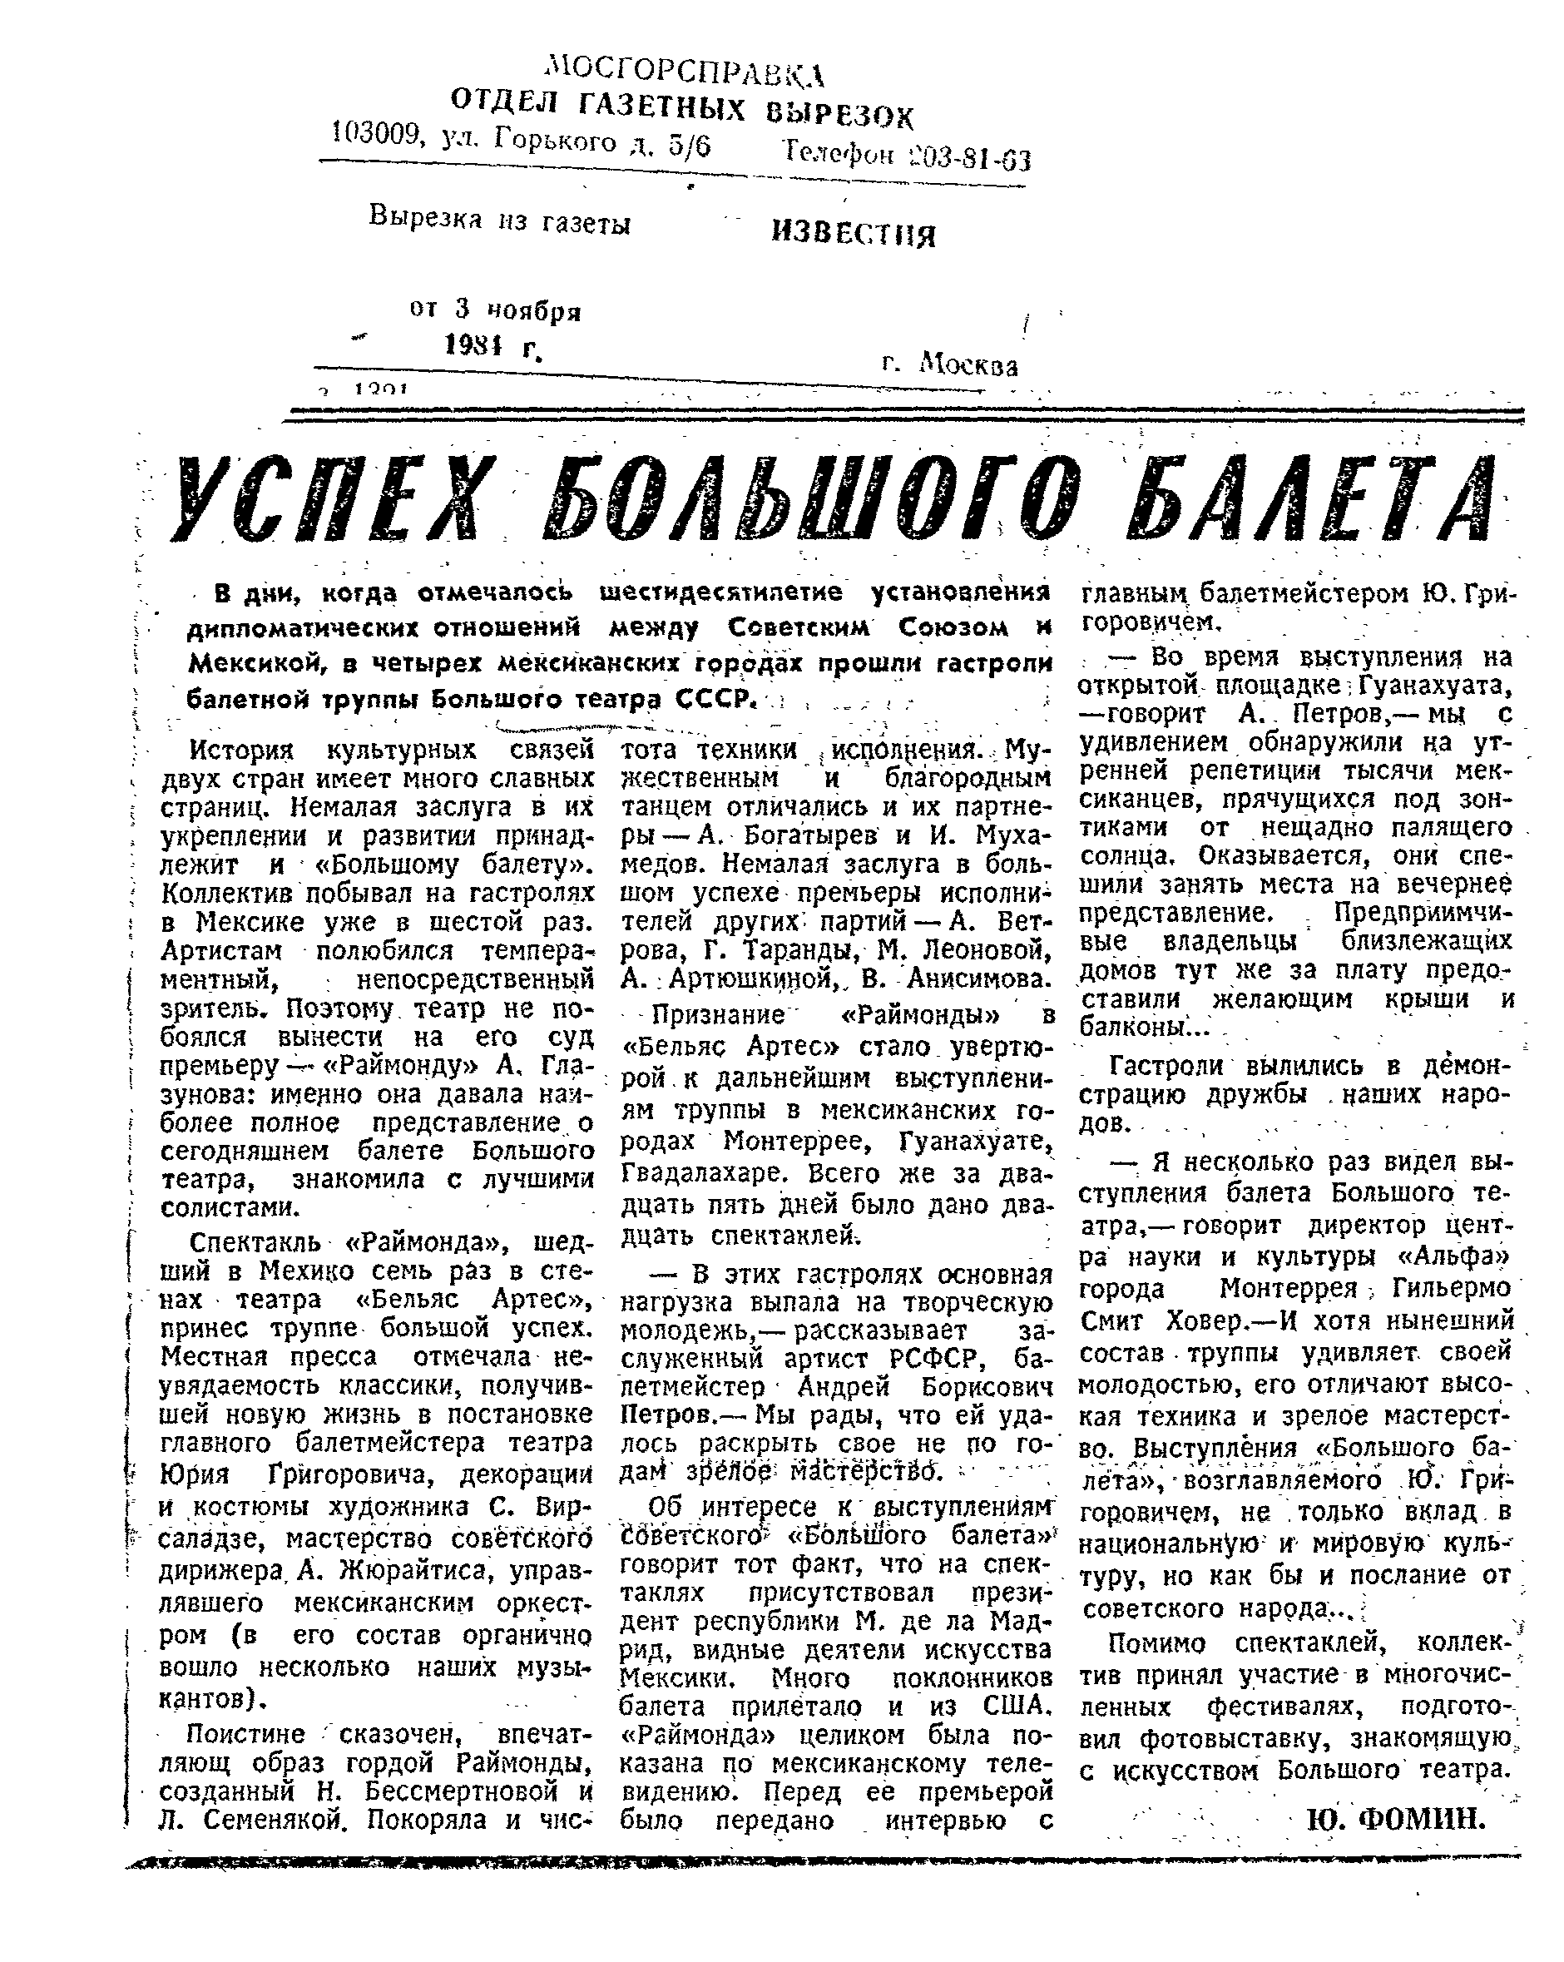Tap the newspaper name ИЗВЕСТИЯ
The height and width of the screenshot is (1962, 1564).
coord(853,234)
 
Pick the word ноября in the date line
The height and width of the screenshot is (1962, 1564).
coord(532,311)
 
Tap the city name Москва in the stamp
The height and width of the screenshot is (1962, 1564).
coord(969,365)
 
